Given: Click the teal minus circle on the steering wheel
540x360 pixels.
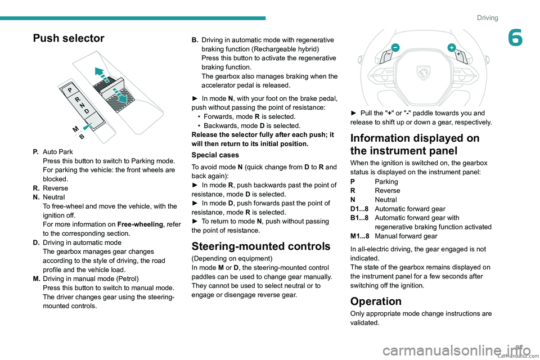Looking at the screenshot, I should (395, 48).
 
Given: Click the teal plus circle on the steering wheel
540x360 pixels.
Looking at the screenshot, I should (451, 47).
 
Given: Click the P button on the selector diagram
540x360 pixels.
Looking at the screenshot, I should (70, 90).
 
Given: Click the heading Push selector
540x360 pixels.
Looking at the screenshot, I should (69, 38).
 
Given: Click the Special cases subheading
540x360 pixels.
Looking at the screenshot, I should (215, 154).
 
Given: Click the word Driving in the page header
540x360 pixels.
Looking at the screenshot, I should (487, 18).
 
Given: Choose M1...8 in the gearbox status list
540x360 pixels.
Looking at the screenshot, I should (360, 236).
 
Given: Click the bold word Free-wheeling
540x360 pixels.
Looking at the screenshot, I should (141, 224).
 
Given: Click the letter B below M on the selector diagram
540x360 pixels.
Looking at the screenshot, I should (82, 137).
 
